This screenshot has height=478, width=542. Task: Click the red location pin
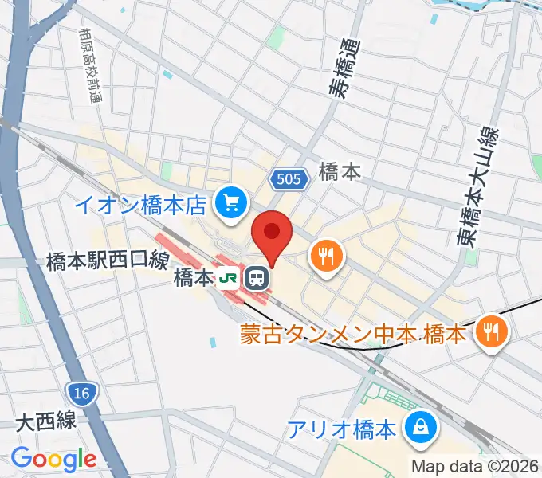(x=272, y=233)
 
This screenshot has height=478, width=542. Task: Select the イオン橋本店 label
(x=142, y=206)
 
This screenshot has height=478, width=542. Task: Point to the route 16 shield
(x=81, y=393)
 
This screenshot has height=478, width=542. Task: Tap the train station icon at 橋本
(x=257, y=277)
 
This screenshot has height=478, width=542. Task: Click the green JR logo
(x=229, y=278)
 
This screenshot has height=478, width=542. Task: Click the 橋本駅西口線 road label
(x=107, y=260)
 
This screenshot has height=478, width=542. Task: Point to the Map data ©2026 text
(x=474, y=466)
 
